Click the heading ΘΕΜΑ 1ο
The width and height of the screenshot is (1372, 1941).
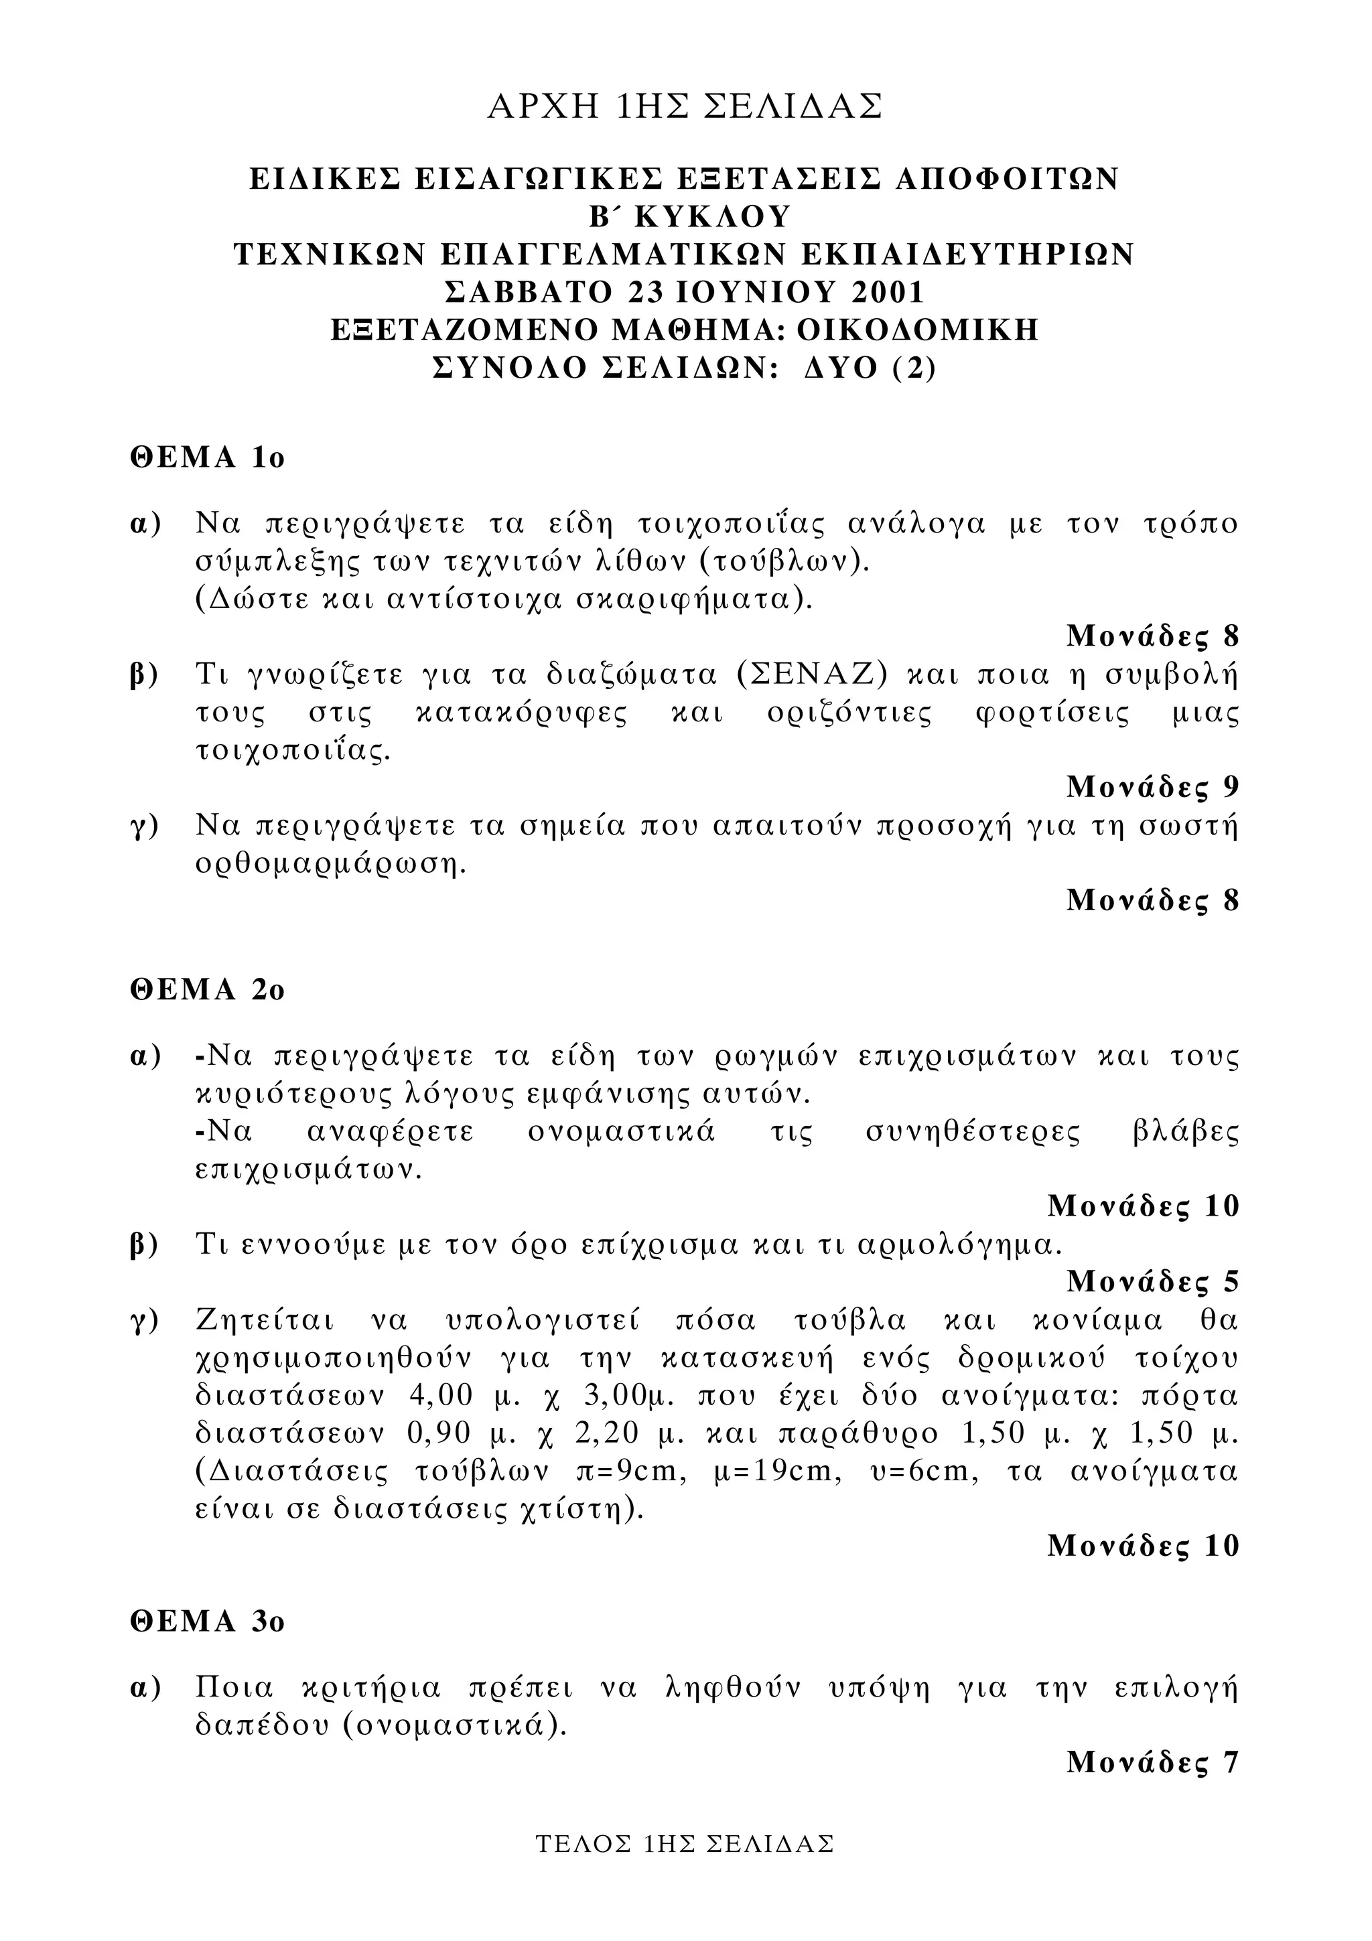tap(207, 457)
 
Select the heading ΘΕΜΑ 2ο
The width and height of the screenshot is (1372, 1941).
tap(207, 989)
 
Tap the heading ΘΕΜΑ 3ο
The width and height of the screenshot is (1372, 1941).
tap(207, 1622)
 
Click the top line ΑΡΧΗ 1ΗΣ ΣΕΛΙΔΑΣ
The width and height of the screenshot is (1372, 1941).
tap(685, 106)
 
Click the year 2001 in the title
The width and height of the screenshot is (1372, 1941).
tap(888, 291)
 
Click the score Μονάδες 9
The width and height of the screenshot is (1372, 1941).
tap(1152, 787)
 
